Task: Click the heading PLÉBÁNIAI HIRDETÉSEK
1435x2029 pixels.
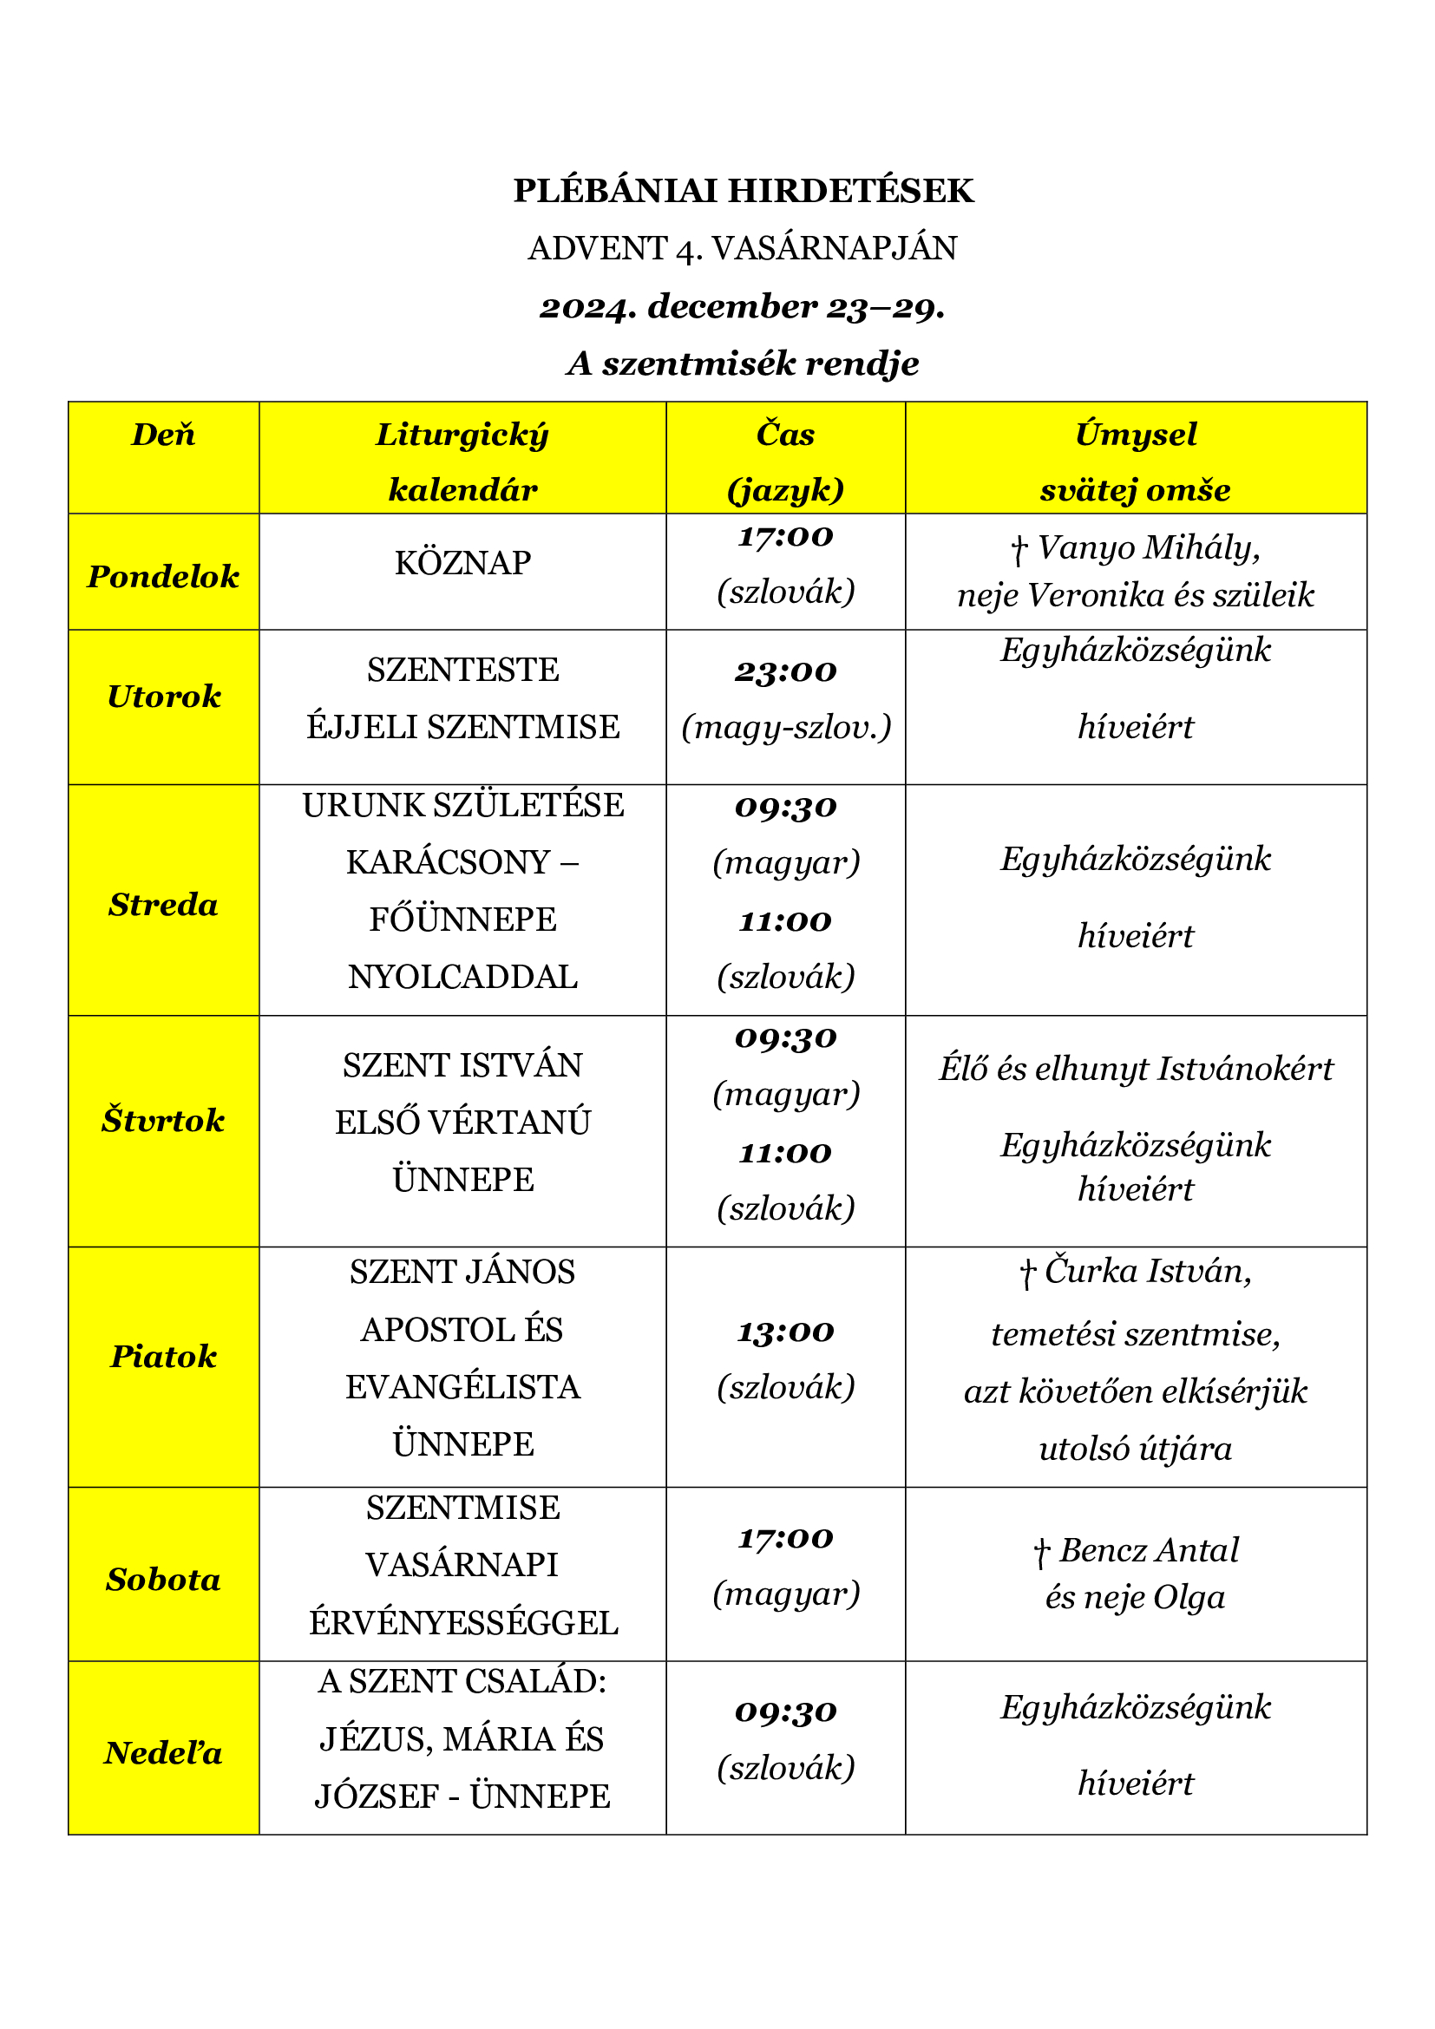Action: click(x=743, y=191)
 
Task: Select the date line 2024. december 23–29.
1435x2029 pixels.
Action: click(x=743, y=306)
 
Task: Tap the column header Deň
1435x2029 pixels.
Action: click(x=163, y=435)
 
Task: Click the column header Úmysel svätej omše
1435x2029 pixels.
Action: click(x=1136, y=461)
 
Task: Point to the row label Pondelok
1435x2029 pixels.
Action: click(x=163, y=576)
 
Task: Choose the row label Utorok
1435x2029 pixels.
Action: click(x=163, y=697)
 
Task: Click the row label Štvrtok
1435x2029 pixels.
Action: click(x=163, y=1121)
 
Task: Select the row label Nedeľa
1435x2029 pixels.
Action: click(x=163, y=1753)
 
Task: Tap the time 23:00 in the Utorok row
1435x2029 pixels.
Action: click(x=785, y=671)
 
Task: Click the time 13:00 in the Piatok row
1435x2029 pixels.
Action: click(x=785, y=1332)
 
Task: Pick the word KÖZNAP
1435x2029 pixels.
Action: click(x=462, y=563)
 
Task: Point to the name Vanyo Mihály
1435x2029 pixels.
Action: click(x=1148, y=548)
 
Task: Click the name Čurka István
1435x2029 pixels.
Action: click(x=1147, y=1272)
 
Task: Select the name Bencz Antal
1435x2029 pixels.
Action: click(x=1149, y=1551)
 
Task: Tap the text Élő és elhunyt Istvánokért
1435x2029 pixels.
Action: click(x=1136, y=1070)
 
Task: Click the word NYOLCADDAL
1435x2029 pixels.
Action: click(x=462, y=978)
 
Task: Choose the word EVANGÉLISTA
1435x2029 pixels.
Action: click(x=462, y=1387)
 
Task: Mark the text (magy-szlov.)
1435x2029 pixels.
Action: click(x=785, y=727)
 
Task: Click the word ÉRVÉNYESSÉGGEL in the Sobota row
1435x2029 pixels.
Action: click(x=462, y=1623)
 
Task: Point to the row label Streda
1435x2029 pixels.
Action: click(x=163, y=905)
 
